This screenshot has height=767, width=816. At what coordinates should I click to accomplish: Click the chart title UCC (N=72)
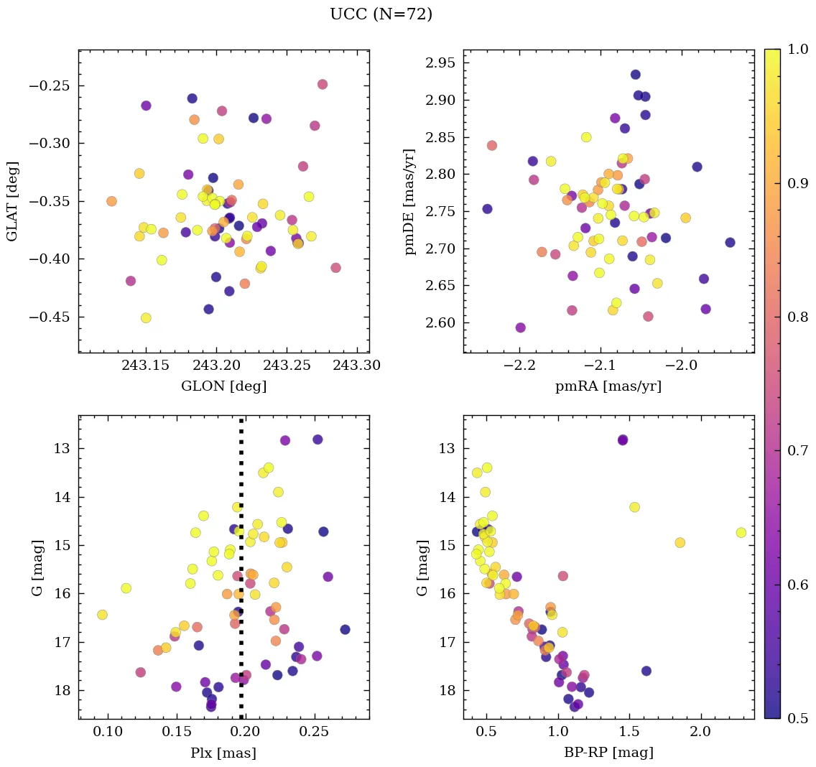[381, 14]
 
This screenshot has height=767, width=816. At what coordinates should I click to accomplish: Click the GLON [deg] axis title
[223, 386]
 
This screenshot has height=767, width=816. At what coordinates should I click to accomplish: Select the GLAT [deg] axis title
[12, 200]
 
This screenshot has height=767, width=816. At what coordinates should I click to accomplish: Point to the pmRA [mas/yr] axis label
[608, 386]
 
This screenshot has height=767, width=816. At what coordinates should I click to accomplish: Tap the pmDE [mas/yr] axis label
[410, 200]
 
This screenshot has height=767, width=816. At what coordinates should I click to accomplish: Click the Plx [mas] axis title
[223, 753]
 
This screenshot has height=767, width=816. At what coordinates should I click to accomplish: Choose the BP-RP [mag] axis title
[608, 753]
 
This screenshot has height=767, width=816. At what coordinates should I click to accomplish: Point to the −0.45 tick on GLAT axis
[50, 317]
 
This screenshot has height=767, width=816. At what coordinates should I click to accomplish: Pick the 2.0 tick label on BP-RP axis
[700, 732]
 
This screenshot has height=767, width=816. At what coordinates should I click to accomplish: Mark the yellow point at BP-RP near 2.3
[741, 532]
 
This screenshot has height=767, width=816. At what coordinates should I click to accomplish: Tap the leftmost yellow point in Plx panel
[102, 614]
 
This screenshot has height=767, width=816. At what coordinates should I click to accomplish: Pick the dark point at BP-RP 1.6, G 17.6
[646, 671]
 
